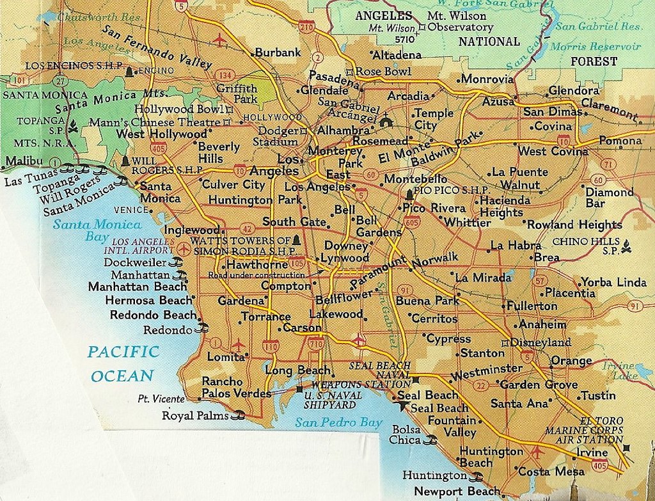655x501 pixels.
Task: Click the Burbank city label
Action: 278,53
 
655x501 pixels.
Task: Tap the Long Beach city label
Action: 297,370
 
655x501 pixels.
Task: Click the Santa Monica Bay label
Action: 97,230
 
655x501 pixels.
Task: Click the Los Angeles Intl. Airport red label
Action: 143,246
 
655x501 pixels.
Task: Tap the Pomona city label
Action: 620,141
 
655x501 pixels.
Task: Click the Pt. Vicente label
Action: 161,399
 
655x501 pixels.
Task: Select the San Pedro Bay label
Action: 338,422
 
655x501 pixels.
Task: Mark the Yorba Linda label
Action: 605,282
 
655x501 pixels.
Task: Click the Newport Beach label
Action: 457,491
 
